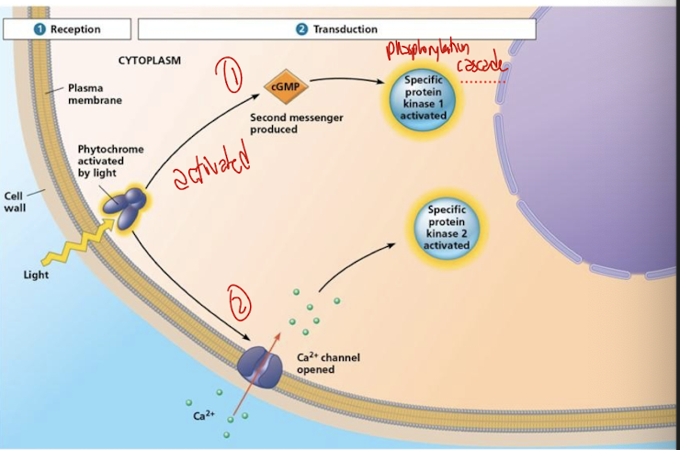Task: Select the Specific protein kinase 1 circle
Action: (425, 97)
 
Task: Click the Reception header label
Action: (68, 29)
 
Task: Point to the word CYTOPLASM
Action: (150, 61)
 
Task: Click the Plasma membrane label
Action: (93, 95)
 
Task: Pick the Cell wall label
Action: (16, 201)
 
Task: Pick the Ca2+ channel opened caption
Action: (328, 363)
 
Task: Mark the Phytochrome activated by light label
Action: (110, 160)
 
